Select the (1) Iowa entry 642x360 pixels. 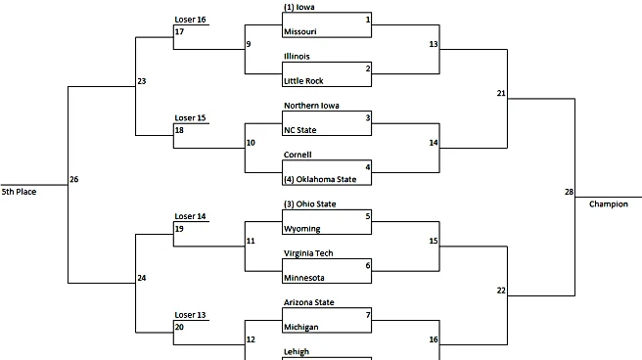point(298,7)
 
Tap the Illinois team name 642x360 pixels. point(297,56)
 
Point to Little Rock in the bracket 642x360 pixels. point(303,81)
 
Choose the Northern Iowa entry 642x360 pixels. point(310,106)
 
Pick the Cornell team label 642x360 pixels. point(298,155)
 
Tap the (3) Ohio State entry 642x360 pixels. point(311,203)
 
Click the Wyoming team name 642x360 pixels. point(301,229)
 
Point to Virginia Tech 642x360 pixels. point(309,253)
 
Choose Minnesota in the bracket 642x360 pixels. point(304,278)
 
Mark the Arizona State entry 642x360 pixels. point(309,302)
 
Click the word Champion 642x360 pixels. point(609,203)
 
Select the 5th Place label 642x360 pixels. point(19,192)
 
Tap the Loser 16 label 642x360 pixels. point(190,20)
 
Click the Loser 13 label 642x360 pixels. point(190,315)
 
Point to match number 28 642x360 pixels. point(569,192)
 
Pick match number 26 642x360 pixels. point(74,179)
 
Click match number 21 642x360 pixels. point(501,93)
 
